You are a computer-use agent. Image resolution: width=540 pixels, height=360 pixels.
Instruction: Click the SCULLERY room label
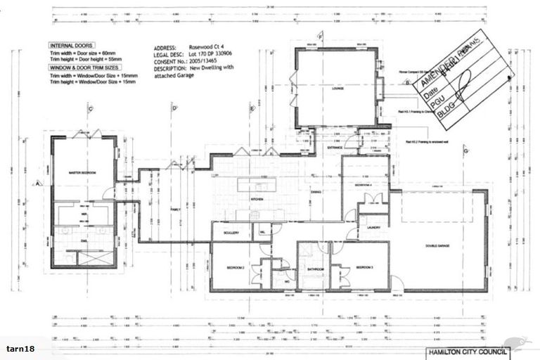232,233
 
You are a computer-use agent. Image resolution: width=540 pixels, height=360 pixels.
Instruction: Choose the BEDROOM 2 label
235,268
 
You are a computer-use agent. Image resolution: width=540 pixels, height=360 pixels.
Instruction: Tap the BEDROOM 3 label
363,268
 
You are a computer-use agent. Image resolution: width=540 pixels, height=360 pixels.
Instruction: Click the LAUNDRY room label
373,228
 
